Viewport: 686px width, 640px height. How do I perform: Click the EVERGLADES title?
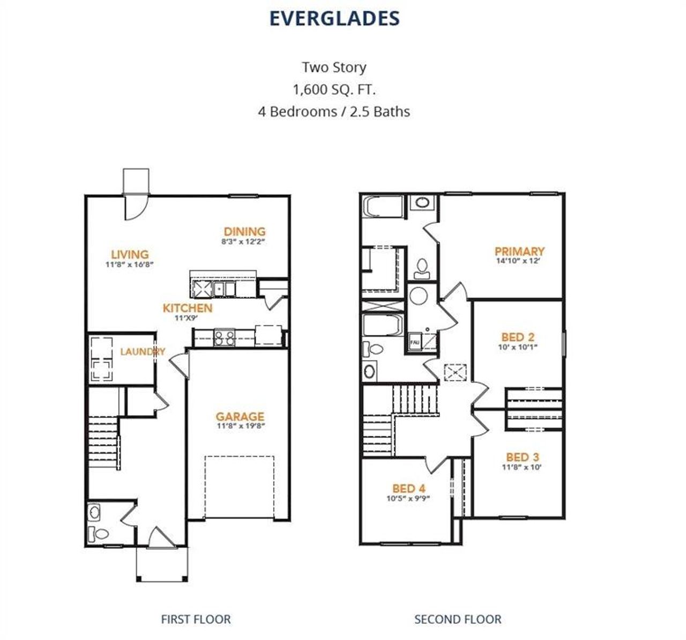[334, 18]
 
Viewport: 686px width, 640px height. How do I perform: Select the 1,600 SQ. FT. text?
[334, 89]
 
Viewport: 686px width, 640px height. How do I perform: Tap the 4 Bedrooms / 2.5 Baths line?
[334, 112]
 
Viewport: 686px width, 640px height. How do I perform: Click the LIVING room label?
[130, 254]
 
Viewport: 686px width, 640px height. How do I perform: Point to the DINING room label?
[244, 232]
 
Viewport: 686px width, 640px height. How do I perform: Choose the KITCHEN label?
[188, 308]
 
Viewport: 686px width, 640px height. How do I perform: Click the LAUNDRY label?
[143, 352]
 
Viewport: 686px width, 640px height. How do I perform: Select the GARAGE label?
[240, 416]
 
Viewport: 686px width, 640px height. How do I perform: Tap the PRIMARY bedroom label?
[519, 251]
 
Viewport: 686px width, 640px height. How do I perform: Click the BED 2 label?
[518, 337]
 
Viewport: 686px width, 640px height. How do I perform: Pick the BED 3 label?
[523, 457]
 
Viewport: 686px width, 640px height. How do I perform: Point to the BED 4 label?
[408, 488]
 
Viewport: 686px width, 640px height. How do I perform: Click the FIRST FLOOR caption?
[196, 619]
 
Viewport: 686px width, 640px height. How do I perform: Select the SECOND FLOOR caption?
[458, 619]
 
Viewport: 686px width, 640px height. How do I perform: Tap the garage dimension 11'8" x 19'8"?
[241, 426]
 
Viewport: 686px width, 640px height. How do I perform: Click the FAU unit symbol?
[415, 341]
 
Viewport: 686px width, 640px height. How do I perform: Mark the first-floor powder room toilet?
[99, 533]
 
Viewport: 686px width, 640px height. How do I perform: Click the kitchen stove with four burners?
[224, 338]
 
